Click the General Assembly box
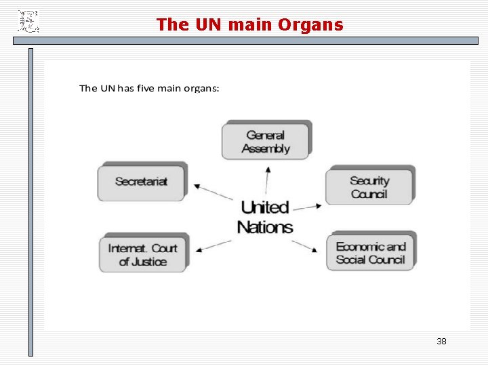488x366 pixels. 265,141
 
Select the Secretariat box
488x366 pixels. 141,182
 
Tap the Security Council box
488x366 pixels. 369,186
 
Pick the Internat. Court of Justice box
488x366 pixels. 142,254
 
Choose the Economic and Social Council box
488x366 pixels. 370,252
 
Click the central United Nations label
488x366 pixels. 265,216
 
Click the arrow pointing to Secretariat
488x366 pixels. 213,192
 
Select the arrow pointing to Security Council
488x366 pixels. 308,206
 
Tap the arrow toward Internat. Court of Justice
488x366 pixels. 215,243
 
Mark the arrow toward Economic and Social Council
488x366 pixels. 306,245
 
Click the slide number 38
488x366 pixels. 441,341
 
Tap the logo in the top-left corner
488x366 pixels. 28,21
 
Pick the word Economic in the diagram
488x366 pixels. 361,246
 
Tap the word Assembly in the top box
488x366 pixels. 266,148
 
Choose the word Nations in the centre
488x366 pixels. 265,227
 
